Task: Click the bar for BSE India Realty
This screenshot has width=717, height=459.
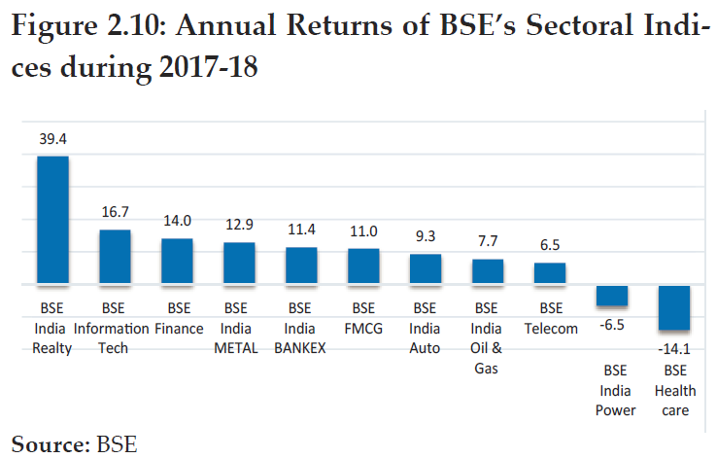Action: pos(52,221)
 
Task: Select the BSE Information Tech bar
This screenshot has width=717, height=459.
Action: pos(115,258)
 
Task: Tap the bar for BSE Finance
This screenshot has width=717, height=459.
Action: pos(177,262)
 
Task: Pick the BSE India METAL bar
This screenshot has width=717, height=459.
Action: pos(239,264)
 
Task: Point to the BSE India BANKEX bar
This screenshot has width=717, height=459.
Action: pos(301,266)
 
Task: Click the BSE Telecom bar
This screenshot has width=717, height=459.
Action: pos(550,274)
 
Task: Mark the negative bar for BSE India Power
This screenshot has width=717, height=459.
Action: pos(612,296)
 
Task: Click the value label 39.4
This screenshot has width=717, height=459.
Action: pos(52,140)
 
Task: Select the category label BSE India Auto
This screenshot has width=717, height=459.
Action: pos(425,329)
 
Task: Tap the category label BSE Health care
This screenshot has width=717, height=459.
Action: pos(674,390)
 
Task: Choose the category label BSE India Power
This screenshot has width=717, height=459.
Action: pos(612,390)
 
